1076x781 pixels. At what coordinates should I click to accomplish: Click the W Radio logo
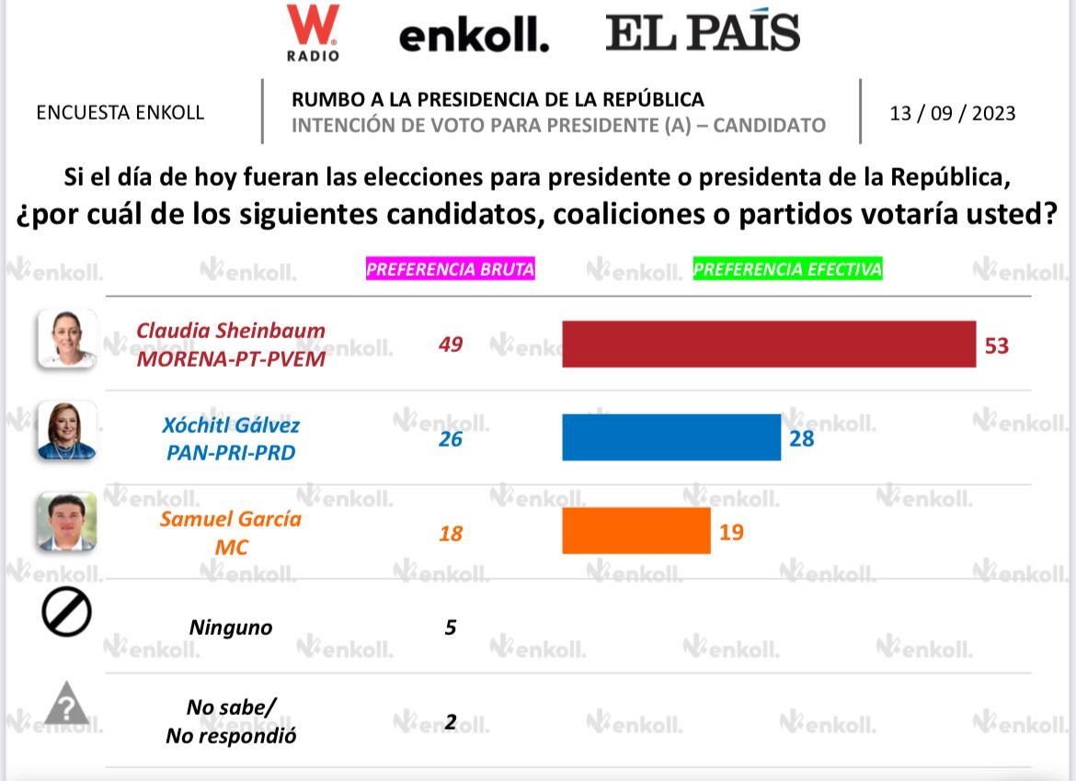coord(313,32)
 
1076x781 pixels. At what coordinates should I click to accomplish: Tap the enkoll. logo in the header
coord(474,36)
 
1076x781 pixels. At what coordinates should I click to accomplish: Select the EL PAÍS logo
coord(703,33)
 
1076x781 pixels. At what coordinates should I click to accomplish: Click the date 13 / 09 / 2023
coord(953,113)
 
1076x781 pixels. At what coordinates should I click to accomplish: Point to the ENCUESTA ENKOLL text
coord(120,113)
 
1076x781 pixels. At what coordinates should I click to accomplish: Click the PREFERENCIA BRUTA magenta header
coord(451,269)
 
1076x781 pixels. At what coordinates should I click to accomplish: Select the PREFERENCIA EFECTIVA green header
coord(787,269)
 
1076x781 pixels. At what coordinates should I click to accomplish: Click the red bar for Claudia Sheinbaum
coord(768,345)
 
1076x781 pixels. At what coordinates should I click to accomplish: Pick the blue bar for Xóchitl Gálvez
coord(671,437)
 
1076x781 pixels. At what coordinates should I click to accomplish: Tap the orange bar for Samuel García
coord(636,531)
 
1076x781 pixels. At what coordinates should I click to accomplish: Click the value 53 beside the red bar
coord(997,345)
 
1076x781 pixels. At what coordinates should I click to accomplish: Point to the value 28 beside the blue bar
coord(802,438)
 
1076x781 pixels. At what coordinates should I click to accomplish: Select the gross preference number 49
coord(451,345)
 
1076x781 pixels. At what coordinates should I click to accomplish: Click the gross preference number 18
coord(451,533)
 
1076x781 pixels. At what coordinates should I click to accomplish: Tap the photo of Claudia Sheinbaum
coord(66,338)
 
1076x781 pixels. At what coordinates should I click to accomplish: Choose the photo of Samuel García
coord(66,522)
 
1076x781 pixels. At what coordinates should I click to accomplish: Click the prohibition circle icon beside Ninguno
coord(66,613)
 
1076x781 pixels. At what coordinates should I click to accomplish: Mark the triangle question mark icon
coord(66,705)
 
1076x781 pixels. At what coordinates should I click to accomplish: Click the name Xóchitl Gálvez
coord(231,425)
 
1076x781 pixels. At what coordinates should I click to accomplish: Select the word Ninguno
coord(231,628)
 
